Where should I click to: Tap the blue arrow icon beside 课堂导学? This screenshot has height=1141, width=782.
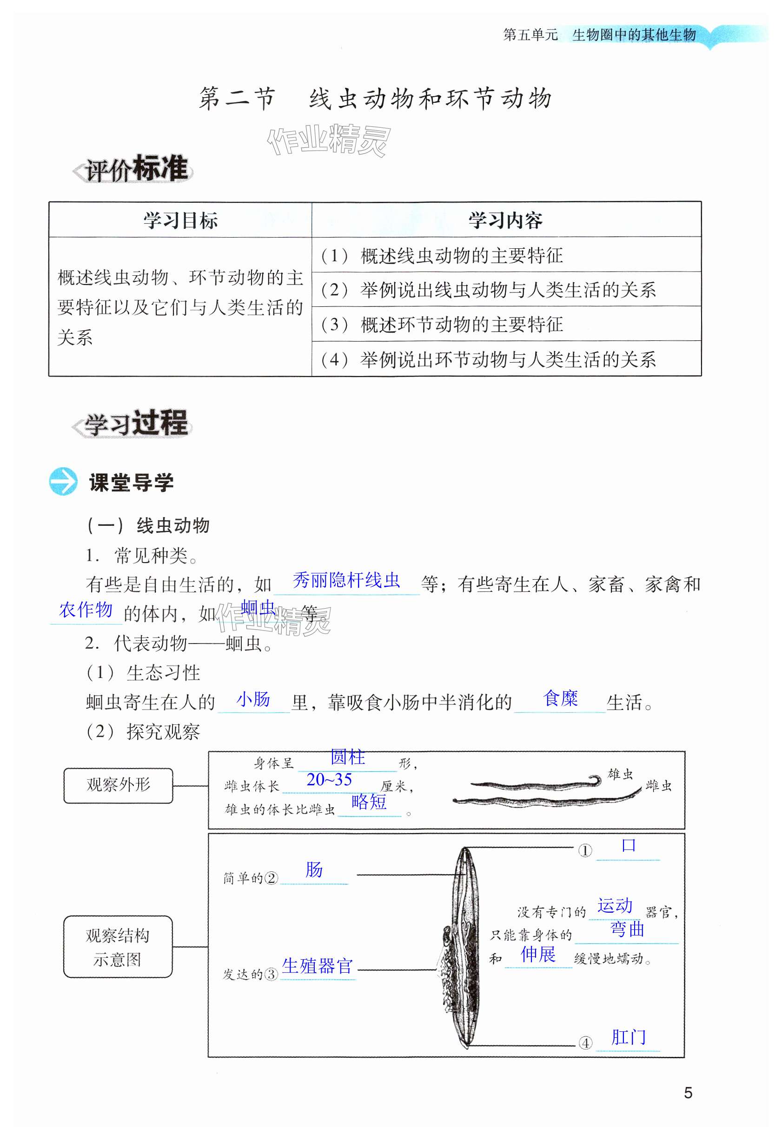[x=63, y=481]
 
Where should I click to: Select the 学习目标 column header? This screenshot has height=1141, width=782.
[x=180, y=220]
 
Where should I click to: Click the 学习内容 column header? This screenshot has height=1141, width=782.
[x=506, y=220]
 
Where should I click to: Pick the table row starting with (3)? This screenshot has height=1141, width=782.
[x=506, y=324]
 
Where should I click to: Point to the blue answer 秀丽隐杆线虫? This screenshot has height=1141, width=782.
[x=346, y=580]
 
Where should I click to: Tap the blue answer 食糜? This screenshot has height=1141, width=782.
[x=560, y=698]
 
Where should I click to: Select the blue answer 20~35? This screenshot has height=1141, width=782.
[x=329, y=779]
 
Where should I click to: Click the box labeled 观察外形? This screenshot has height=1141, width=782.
[x=118, y=785]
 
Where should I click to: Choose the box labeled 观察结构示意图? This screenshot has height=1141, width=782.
[x=118, y=946]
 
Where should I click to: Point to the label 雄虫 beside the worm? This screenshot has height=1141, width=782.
[x=621, y=774]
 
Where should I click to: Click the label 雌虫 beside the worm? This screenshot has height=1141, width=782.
[x=658, y=786]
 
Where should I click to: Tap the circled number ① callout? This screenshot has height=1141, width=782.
[x=585, y=850]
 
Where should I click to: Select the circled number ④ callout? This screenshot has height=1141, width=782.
[x=585, y=1042]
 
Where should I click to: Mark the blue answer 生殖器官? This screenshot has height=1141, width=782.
[x=317, y=966]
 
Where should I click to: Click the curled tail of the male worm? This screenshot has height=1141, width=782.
[x=595, y=779]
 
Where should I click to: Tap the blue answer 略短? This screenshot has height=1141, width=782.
[x=369, y=802]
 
